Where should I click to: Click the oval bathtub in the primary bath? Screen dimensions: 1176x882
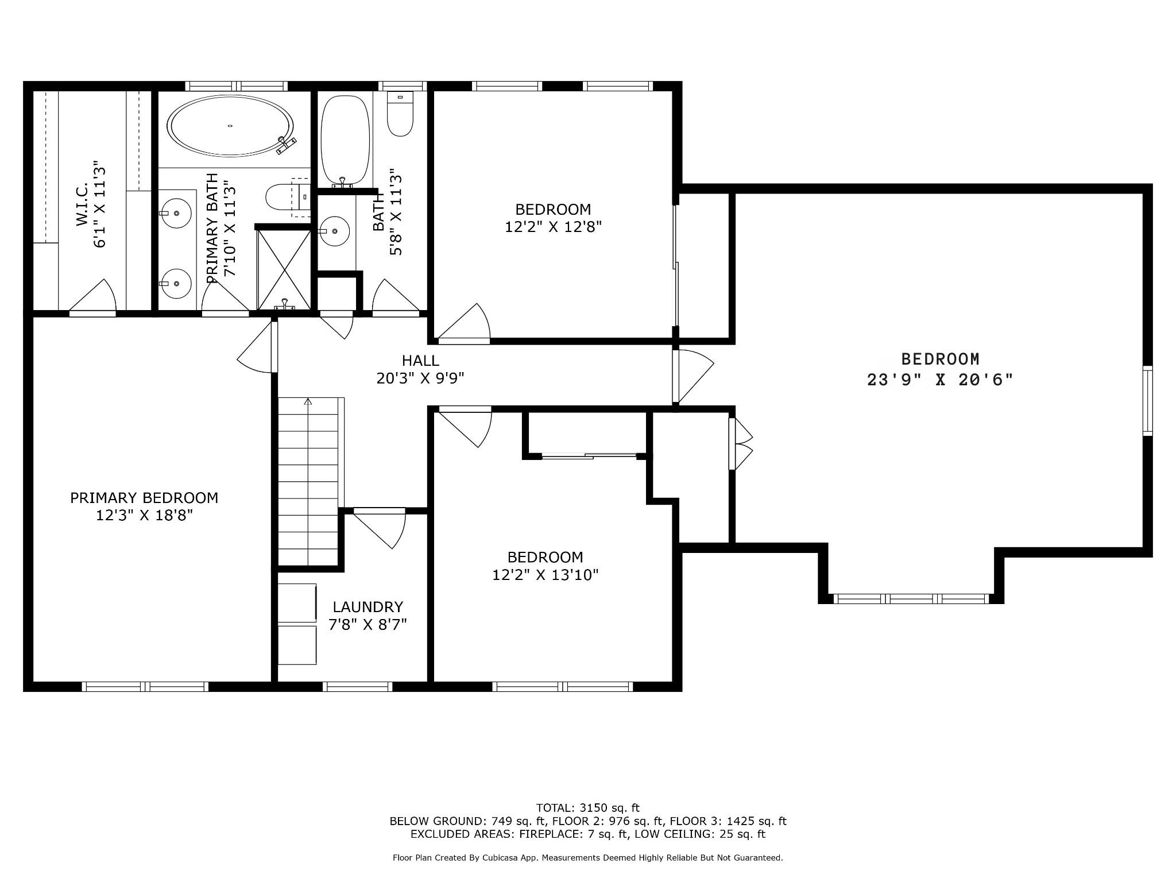click(x=230, y=126)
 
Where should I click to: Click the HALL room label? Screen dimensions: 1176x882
click(x=420, y=361)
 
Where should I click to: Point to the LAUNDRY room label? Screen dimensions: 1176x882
click(x=367, y=606)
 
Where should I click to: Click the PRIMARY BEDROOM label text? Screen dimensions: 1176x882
click(x=144, y=498)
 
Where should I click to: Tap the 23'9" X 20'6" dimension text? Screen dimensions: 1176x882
click(x=940, y=380)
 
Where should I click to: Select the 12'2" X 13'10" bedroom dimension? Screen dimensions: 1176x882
click(x=546, y=575)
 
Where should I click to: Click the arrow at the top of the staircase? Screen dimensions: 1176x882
click(x=308, y=401)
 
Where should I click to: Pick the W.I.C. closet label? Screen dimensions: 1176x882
click(x=82, y=204)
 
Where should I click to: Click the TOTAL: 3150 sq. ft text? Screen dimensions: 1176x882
click(x=587, y=808)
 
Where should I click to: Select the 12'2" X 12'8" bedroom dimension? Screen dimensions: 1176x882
click(x=553, y=227)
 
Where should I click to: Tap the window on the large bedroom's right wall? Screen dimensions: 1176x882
click(x=1147, y=401)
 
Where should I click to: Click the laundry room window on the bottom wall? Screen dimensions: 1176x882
click(x=358, y=686)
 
